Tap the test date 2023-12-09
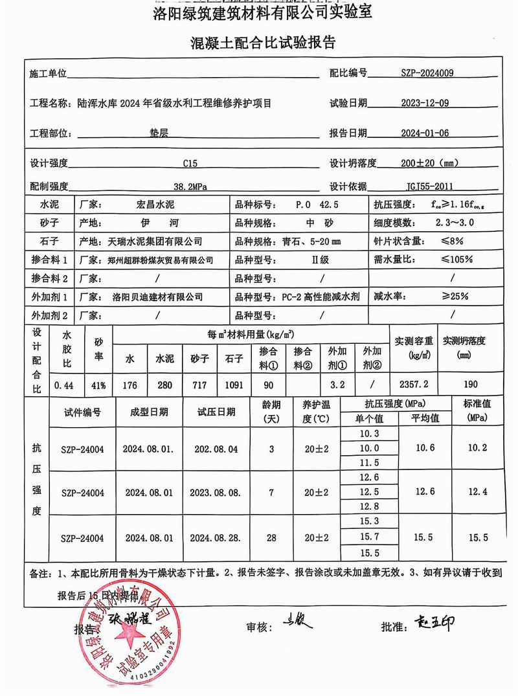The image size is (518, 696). [425, 103]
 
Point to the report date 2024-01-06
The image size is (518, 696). [425, 133]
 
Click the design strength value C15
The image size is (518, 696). [192, 163]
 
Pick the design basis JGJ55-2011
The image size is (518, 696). [425, 186]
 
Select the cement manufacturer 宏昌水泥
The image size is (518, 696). [150, 205]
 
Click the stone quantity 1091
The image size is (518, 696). [234, 385]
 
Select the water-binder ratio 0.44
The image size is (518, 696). [63, 385]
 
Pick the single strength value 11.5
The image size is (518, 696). [369, 463]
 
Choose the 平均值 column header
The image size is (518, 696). [425, 418]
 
